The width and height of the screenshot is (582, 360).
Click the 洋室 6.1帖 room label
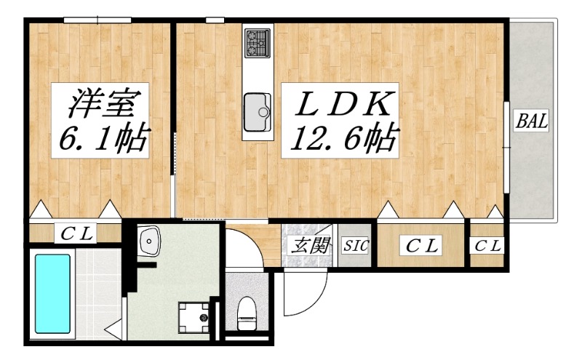100,120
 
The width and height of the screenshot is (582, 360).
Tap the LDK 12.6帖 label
340,120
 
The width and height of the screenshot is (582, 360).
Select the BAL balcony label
532,121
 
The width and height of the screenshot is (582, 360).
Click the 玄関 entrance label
310,245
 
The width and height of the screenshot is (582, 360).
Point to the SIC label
355,245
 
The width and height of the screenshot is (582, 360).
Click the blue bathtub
52,294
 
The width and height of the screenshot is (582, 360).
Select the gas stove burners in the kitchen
258,43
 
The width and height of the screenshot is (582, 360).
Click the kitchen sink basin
257,112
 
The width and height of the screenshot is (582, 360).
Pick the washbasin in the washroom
149,241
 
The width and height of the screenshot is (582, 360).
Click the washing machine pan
194,318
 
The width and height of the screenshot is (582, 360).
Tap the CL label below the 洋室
76,233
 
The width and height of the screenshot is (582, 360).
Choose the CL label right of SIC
421,245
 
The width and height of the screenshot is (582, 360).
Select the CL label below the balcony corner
487,245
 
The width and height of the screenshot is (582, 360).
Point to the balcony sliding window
506,147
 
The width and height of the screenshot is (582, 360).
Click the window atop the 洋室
97,20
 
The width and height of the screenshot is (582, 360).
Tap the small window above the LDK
215,20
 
